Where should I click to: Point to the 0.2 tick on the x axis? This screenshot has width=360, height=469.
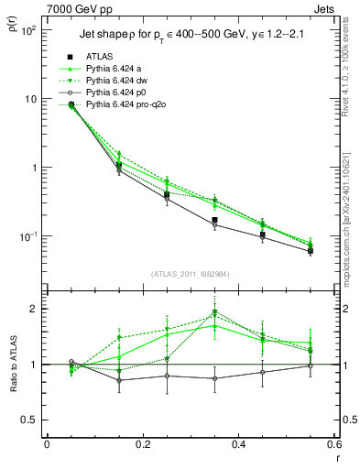[142, 446]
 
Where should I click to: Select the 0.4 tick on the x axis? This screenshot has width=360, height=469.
[238, 446]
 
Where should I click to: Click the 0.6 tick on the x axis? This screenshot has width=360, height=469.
[333, 446]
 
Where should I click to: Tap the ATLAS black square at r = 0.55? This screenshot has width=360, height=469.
[311, 251]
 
